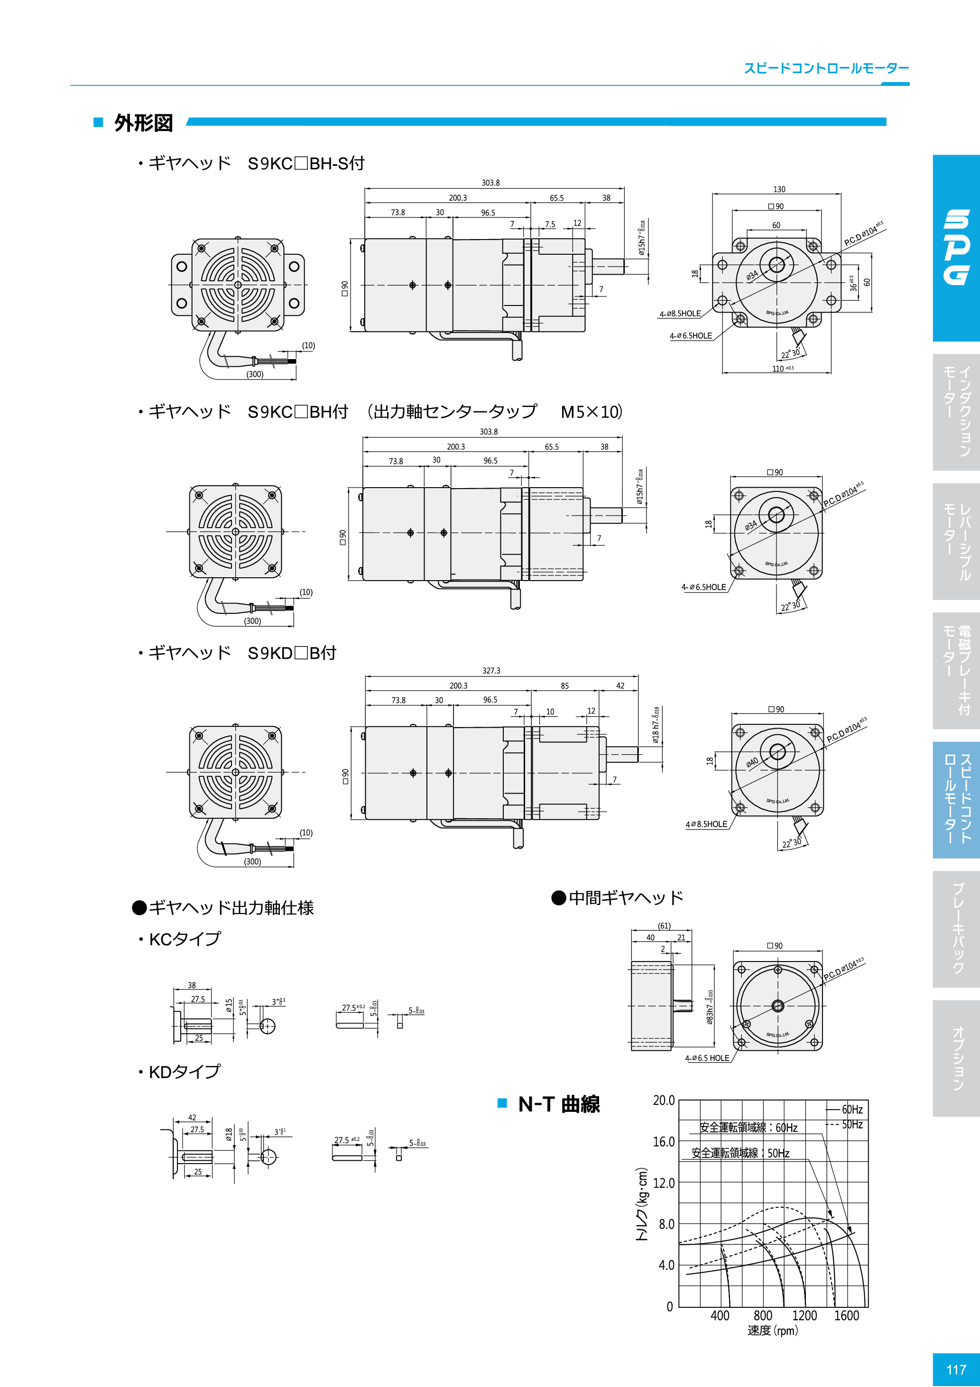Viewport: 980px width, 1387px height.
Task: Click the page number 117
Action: [956, 1369]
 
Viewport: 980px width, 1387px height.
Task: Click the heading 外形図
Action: [143, 123]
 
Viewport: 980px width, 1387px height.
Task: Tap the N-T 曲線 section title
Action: [559, 1104]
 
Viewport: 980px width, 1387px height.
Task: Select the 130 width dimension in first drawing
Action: [779, 189]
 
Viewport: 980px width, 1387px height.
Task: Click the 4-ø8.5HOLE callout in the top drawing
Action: [680, 314]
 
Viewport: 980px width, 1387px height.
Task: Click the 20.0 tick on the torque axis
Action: [664, 1100]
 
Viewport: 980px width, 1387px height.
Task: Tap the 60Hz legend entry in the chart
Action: [852, 1109]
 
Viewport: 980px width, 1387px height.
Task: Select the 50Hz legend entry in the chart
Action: [852, 1124]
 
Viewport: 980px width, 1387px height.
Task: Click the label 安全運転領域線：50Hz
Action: [740, 1153]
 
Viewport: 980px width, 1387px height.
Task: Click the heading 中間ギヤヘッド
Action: [625, 897]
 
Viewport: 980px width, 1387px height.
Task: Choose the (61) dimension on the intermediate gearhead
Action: [664, 925]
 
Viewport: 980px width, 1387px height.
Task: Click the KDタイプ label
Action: [184, 1072]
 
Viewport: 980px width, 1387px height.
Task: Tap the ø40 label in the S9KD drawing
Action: [752, 762]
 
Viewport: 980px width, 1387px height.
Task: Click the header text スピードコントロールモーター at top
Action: [826, 68]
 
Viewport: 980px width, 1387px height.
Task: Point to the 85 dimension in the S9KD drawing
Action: [564, 685]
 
